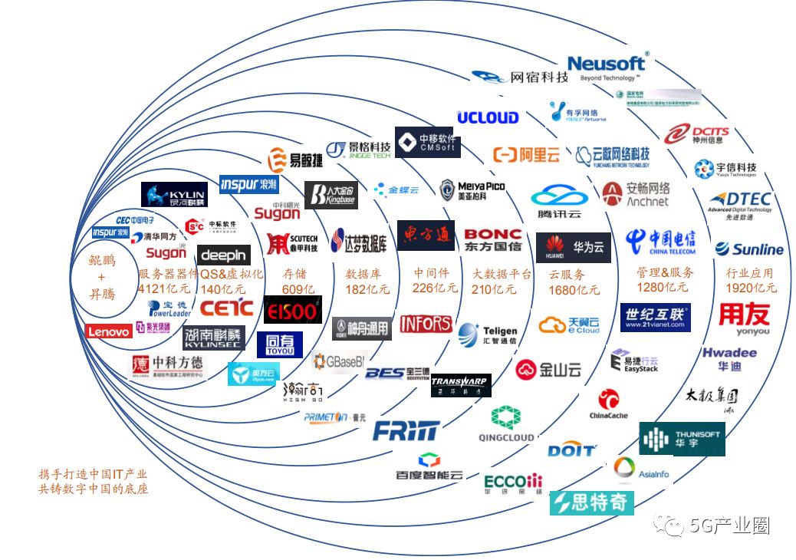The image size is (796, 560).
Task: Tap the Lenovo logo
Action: (x=108, y=331)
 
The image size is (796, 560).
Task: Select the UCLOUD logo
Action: (x=488, y=117)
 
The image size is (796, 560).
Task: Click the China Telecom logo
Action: (x=660, y=241)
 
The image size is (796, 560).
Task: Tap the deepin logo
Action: (x=223, y=255)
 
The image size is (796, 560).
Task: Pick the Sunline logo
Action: (x=749, y=249)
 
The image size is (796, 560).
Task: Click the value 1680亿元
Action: (x=574, y=290)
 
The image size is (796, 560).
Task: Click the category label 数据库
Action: (x=362, y=273)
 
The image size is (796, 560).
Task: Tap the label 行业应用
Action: (x=749, y=273)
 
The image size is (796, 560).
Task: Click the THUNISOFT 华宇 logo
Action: (x=682, y=439)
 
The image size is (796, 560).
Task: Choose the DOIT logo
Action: (x=571, y=450)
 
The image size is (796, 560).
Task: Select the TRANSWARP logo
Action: (x=460, y=385)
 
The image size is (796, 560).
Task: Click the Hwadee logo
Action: (x=729, y=357)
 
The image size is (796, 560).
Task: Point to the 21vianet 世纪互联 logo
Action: (x=656, y=318)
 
